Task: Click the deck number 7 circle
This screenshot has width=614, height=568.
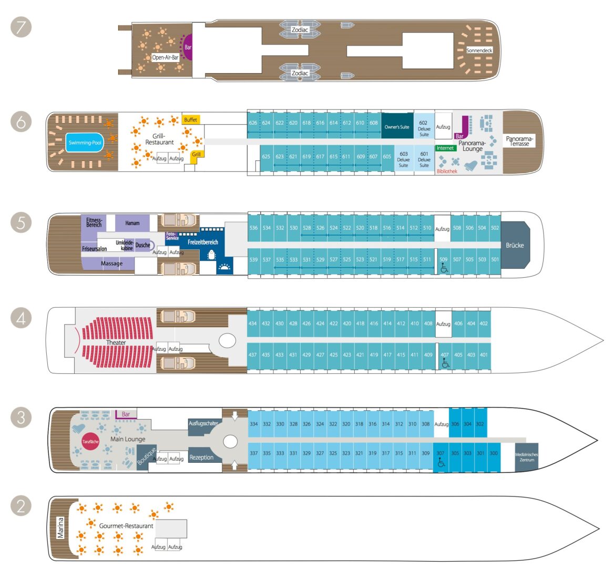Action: pos(21,27)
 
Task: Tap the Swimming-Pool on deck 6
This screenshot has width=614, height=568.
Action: pos(85,143)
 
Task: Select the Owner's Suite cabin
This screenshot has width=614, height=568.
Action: pos(397,127)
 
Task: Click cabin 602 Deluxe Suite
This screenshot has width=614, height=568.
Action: pos(424,128)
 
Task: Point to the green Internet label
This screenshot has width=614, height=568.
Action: pos(445,148)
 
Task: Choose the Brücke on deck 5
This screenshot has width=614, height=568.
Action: pos(515,245)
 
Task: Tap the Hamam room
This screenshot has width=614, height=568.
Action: pos(132,223)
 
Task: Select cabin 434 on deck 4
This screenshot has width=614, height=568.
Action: pos(253,323)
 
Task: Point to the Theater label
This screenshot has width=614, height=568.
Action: pos(116,342)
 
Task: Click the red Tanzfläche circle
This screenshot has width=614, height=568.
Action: pos(90,442)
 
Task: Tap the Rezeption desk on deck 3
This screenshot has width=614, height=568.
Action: pos(201,458)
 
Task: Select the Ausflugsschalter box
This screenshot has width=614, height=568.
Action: pos(203,424)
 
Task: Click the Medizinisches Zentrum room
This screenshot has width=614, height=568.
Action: pos(526,457)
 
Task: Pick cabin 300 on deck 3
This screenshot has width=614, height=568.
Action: pos(493,453)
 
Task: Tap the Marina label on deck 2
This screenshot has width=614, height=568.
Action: pos(61,528)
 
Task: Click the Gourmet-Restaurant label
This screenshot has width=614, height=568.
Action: pos(126,525)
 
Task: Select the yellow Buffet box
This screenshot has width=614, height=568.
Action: pos(191,120)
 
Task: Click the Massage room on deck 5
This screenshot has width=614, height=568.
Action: pos(111,263)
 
